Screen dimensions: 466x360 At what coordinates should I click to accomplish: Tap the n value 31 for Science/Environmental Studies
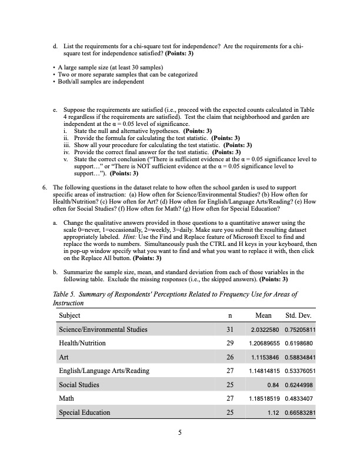click(x=230, y=329)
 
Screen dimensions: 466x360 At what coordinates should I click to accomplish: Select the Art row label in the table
click(x=64, y=357)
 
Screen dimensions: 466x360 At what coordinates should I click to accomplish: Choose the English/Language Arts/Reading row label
click(x=104, y=371)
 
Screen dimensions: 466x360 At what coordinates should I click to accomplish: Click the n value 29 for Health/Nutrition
click(x=230, y=343)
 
